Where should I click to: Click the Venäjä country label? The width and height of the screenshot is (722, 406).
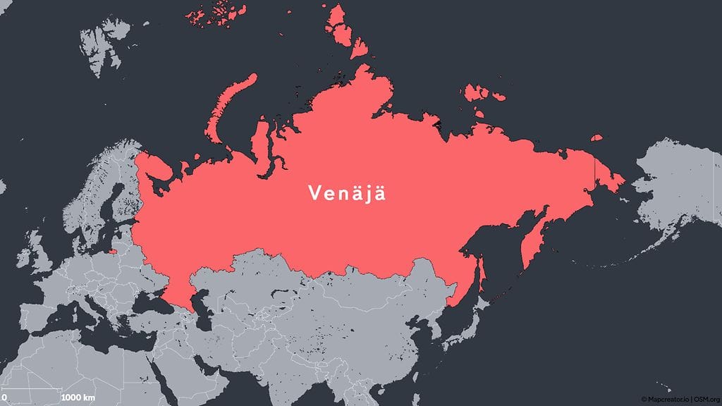346,192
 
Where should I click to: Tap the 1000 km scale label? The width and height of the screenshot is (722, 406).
78,398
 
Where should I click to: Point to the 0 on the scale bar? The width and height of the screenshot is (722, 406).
4,398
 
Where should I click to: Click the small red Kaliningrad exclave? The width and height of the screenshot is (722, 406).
113,249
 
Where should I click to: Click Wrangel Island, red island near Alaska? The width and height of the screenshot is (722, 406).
596,138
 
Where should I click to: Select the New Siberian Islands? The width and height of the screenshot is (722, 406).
483,94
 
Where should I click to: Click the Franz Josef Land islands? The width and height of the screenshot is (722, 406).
215,16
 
